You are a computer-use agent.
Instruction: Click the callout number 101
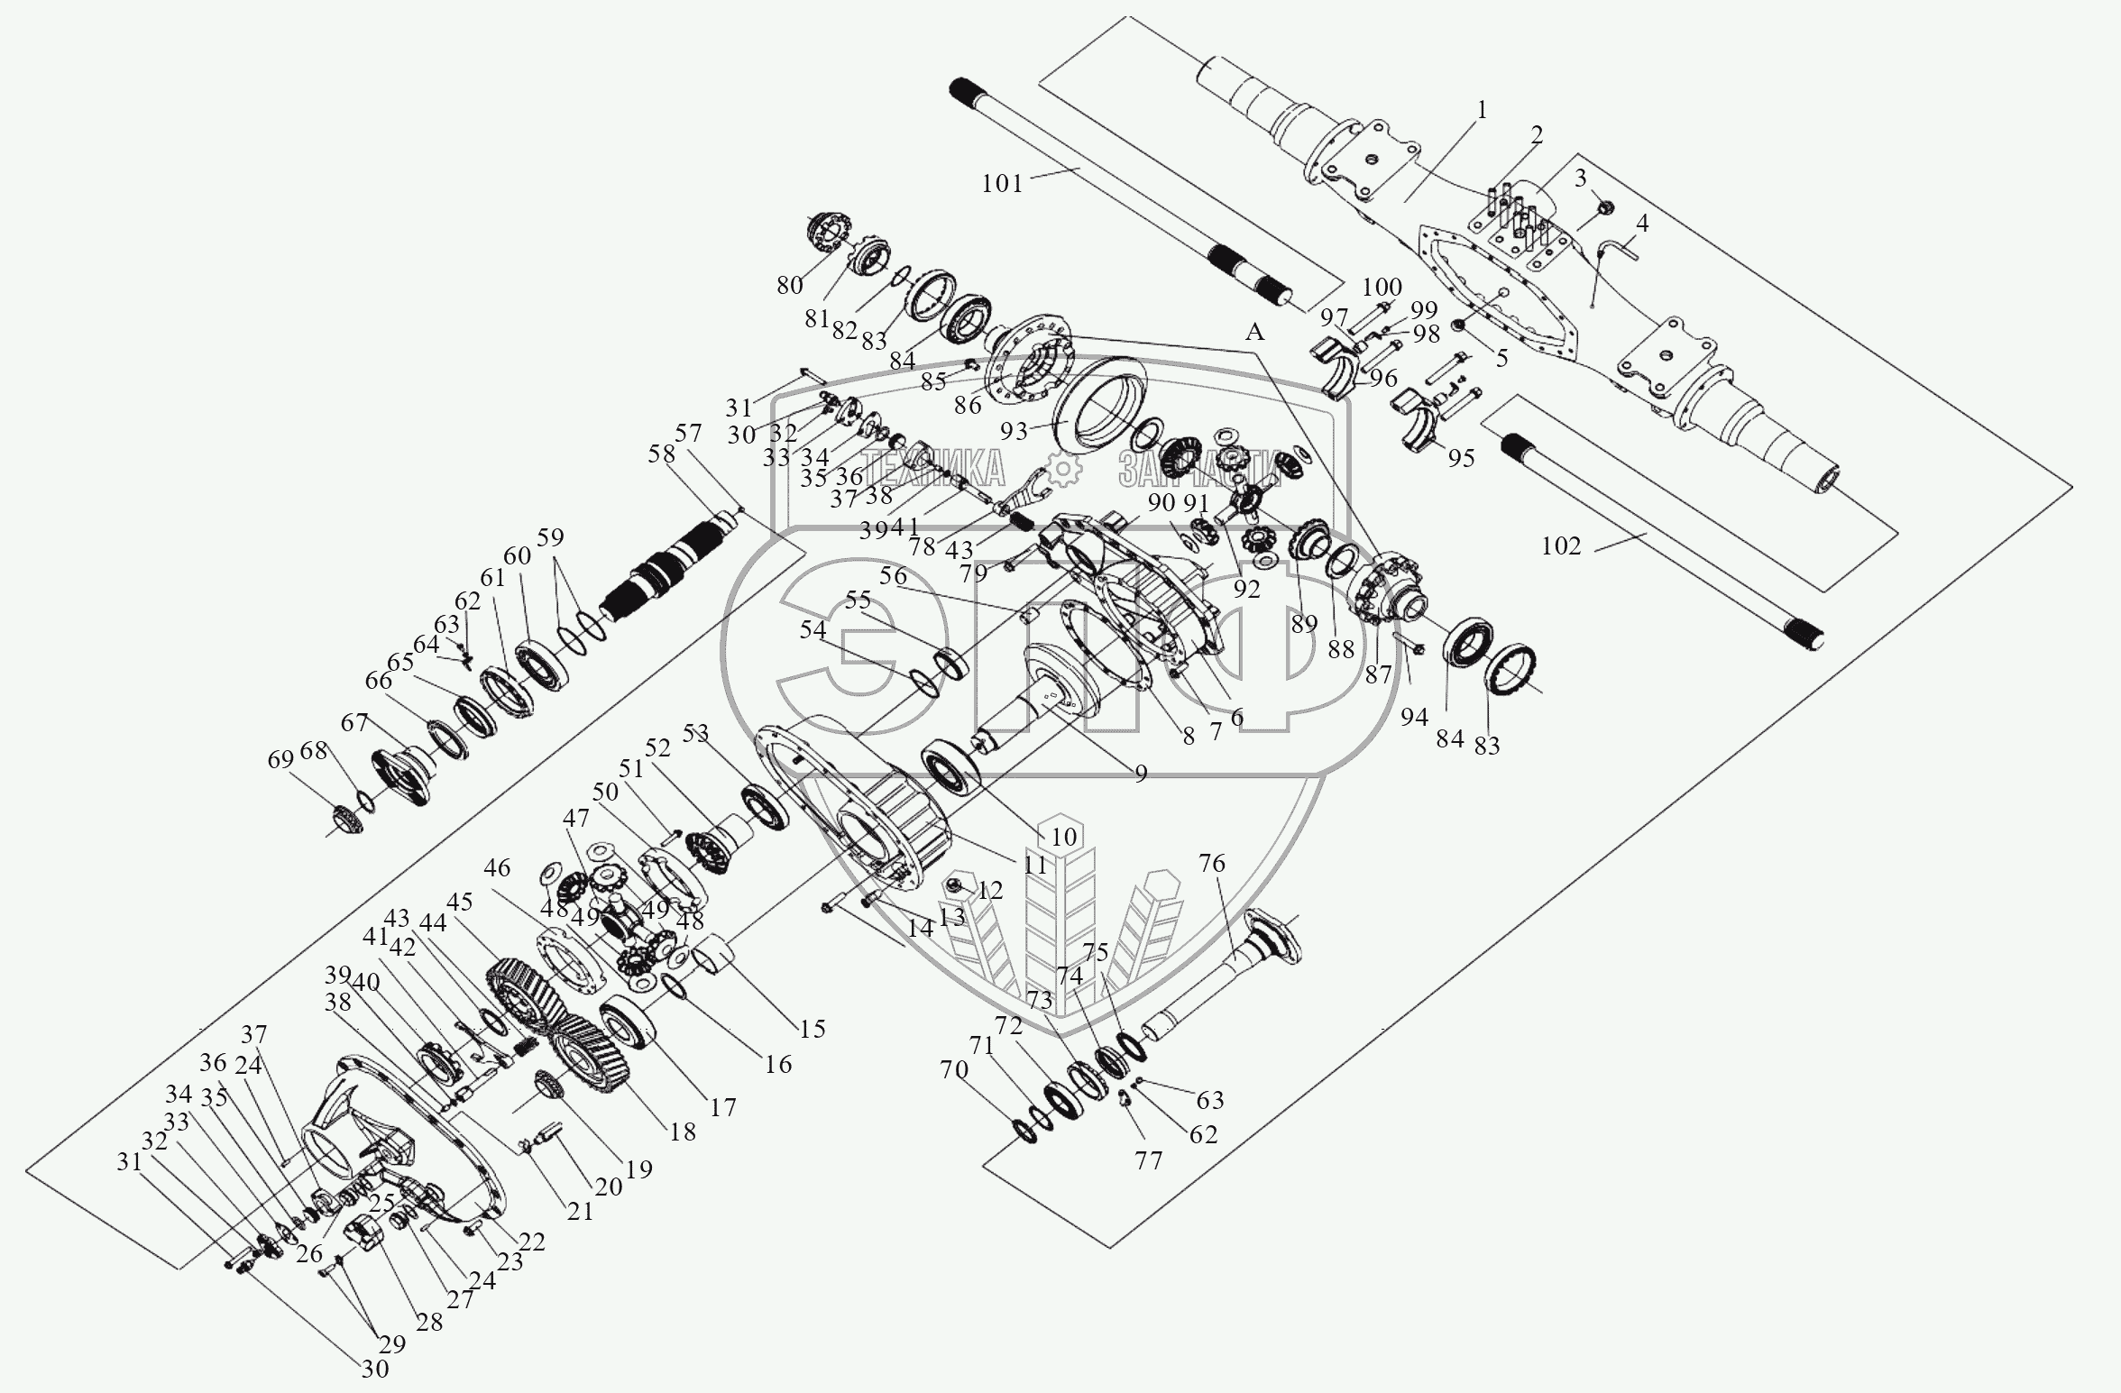pos(1002,184)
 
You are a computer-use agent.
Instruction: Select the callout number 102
pos(1561,545)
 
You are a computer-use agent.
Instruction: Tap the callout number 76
pos(1212,864)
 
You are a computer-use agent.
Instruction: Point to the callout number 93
pos(1014,431)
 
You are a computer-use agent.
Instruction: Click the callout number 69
pos(281,760)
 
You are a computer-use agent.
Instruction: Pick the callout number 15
pos(813,1028)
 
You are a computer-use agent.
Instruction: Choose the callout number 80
pos(789,285)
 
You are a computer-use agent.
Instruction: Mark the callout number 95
pos(1461,458)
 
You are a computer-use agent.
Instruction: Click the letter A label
pos(1254,332)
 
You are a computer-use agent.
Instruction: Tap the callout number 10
pos(1064,837)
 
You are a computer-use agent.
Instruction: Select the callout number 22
pos(532,1242)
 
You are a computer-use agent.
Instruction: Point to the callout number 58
pos(661,454)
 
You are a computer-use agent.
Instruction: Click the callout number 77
pos(1148,1160)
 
